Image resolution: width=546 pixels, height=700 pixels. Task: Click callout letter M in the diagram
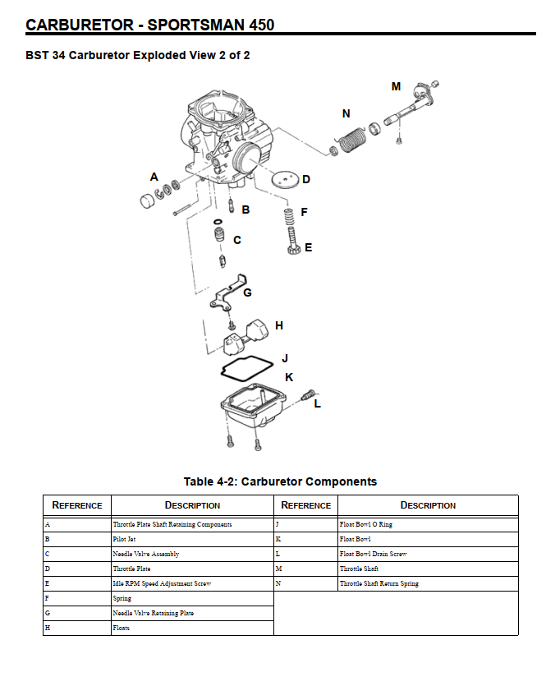pos(396,86)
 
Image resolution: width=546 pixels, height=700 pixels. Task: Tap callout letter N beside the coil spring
pos(346,114)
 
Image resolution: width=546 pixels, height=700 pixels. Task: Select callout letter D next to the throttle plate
pos(306,179)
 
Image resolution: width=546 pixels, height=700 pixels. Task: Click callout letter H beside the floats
pos(279,326)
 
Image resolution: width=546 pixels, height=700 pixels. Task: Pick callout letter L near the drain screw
pos(318,403)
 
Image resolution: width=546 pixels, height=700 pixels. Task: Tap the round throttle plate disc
pos(285,178)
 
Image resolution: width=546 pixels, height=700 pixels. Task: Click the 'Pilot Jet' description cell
pos(192,540)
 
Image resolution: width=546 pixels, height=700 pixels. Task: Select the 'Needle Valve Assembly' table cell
pos(192,555)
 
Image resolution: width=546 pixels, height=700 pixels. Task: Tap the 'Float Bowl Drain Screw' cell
pos(428,555)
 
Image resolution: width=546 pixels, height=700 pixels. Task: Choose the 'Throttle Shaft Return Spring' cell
pos(428,584)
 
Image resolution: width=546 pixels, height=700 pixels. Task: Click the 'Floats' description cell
pos(192,629)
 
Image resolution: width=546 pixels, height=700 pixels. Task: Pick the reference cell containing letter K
pos(305,540)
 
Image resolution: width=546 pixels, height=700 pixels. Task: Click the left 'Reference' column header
pos(77,505)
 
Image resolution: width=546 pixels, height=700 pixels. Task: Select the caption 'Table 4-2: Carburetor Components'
pos(280,481)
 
